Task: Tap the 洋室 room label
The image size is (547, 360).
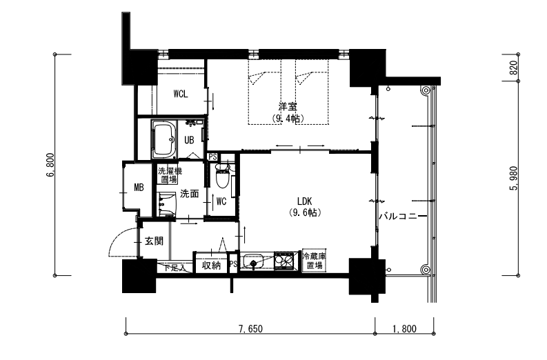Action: pos(288,107)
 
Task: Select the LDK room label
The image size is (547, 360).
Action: pos(306,201)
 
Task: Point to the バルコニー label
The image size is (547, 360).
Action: pos(401,217)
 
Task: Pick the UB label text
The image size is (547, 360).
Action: pos(188,140)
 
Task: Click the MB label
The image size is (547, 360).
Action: pos(138,187)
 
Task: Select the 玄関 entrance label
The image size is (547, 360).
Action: pos(154,241)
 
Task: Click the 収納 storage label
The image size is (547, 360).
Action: pos(211,266)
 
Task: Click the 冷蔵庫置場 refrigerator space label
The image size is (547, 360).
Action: pos(315,261)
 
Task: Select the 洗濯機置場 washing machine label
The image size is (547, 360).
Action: pos(170,175)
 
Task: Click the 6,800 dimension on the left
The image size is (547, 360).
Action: pos(50,165)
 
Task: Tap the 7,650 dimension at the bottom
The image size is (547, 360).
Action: pos(250,329)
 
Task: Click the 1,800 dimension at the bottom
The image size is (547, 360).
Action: pos(404,329)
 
